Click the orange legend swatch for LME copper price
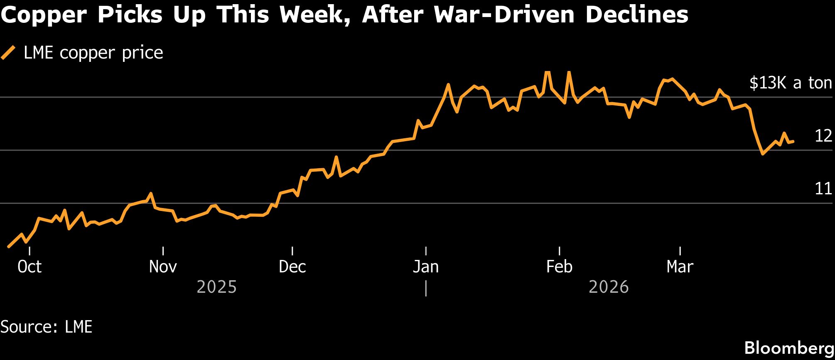[8, 53]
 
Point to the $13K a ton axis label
[791, 83]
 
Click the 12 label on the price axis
[823, 136]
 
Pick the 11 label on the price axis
[823, 189]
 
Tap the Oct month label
[29, 267]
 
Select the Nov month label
[163, 267]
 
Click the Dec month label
[292, 267]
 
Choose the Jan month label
[426, 267]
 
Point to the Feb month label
[559, 267]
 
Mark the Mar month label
[680, 267]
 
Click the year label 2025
[216, 287]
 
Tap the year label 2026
[609, 287]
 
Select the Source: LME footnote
[46, 327]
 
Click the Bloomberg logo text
[789, 348]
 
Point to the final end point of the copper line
[793, 142]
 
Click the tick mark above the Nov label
[163, 251]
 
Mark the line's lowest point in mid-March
[763, 154]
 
